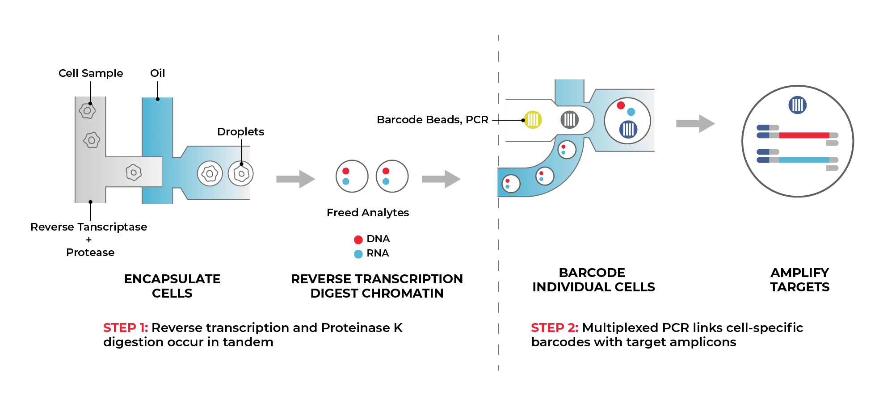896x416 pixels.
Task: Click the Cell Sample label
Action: (x=91, y=73)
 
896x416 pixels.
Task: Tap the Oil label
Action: (x=157, y=73)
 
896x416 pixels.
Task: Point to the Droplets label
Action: (x=240, y=132)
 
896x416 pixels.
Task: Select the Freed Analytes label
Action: (x=368, y=213)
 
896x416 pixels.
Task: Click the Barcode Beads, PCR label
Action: (x=432, y=120)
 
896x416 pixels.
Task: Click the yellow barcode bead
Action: (x=533, y=119)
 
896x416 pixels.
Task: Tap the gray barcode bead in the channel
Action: (x=569, y=119)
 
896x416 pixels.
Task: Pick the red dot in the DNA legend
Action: (x=358, y=240)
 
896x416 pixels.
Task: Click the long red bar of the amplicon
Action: (x=804, y=135)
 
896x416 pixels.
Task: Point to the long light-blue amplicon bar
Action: (x=804, y=160)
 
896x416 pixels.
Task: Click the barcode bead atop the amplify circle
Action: (x=797, y=105)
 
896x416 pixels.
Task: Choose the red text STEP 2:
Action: (x=554, y=328)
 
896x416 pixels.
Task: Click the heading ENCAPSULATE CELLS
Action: (x=172, y=286)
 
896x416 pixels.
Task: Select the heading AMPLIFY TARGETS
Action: (x=799, y=280)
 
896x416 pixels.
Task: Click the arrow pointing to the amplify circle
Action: (x=695, y=124)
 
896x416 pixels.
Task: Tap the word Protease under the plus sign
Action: (x=90, y=252)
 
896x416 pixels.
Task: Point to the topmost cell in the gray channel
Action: (x=87, y=111)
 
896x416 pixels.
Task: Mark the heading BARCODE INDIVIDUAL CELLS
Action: (x=593, y=280)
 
